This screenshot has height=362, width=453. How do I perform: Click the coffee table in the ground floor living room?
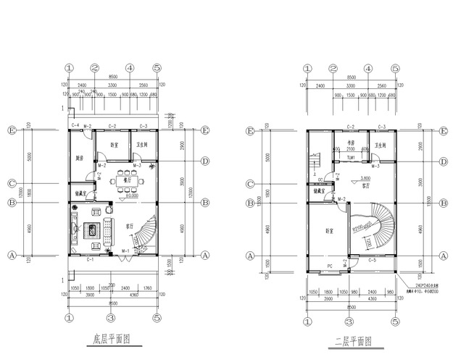(x=93, y=231)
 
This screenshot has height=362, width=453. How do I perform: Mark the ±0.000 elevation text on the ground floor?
(x=132, y=195)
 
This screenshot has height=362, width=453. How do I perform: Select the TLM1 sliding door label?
(x=350, y=157)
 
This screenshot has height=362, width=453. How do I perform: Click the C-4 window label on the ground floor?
(x=75, y=127)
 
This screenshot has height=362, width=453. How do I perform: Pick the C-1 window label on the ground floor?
(x=91, y=259)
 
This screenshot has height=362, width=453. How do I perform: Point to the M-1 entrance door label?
(x=125, y=251)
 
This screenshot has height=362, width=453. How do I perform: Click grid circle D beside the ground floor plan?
(x=206, y=161)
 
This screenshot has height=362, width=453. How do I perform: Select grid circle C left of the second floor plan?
(x=250, y=183)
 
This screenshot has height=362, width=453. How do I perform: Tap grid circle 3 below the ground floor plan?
(x=110, y=318)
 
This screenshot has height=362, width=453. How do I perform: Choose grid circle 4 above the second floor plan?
(x=368, y=69)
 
